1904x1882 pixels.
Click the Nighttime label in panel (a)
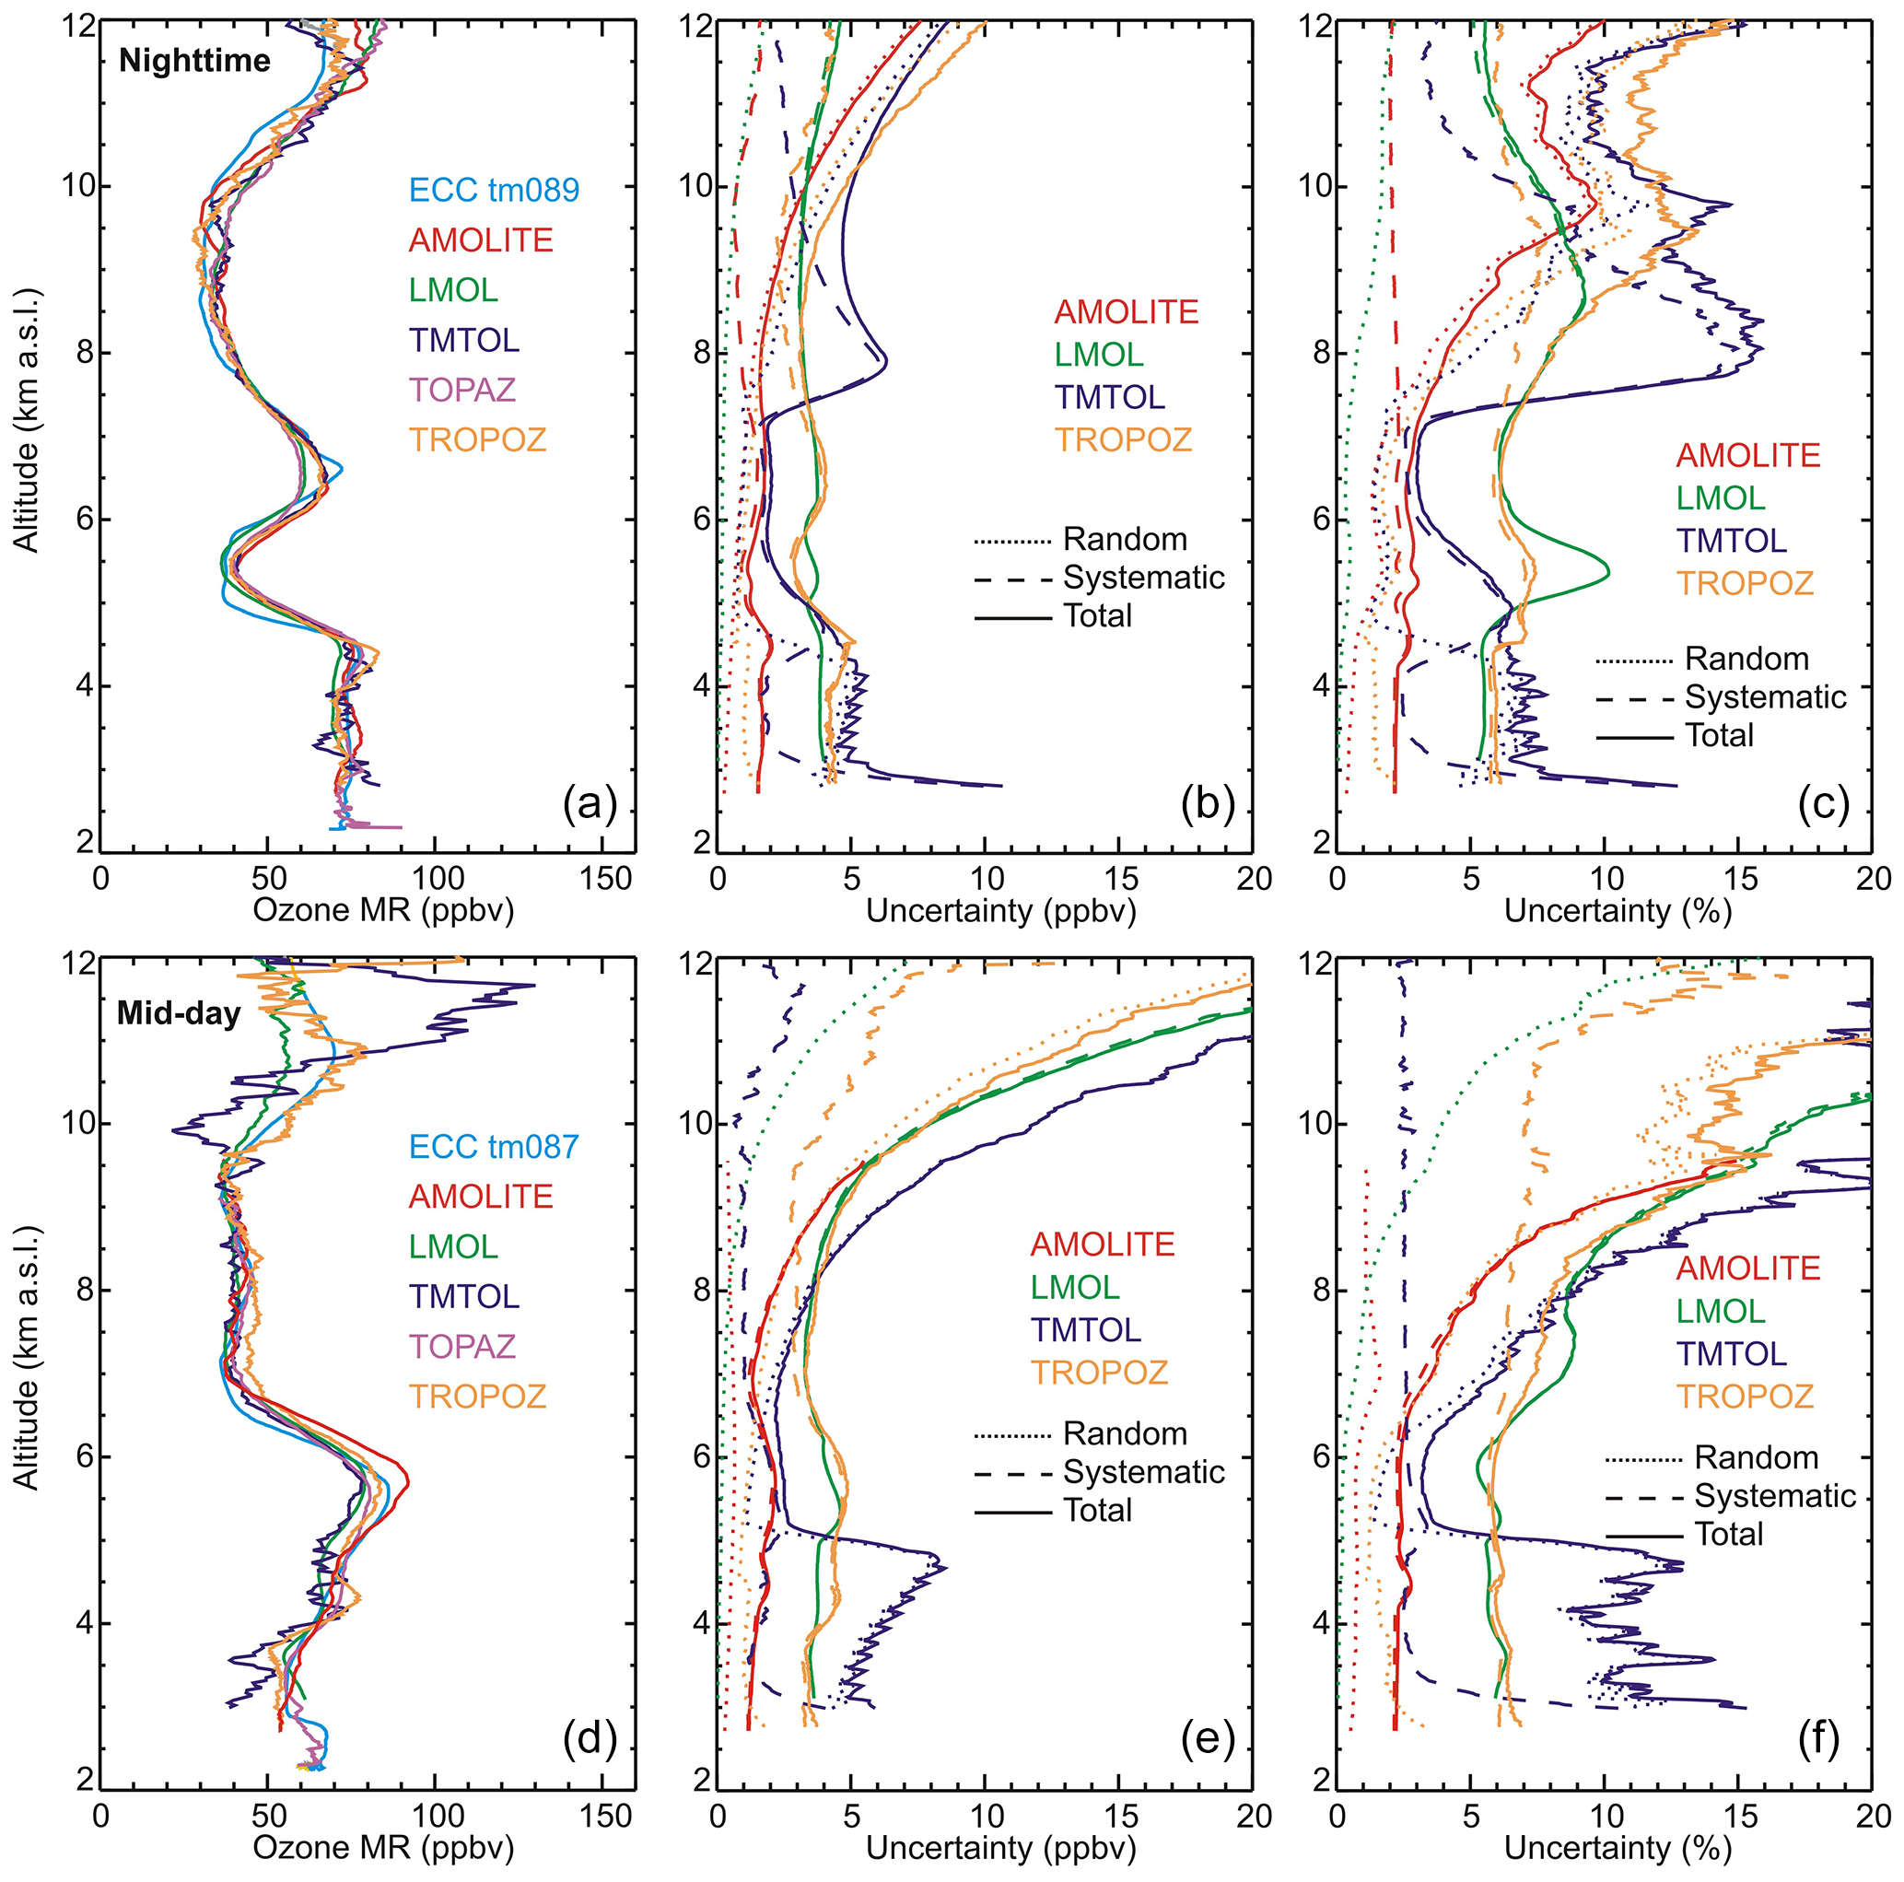[x=194, y=61]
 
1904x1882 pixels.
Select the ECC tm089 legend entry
[x=494, y=190]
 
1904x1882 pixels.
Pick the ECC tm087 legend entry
[x=494, y=1147]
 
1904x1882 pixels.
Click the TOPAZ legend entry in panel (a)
[x=462, y=391]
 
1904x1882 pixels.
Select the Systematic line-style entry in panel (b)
[x=1143, y=579]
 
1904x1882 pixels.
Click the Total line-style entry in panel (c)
[x=1720, y=736]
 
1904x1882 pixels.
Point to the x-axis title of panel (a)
[x=383, y=910]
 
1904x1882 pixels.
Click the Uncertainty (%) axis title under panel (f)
[x=1618, y=1849]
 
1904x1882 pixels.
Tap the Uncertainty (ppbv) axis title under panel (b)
[x=1001, y=910]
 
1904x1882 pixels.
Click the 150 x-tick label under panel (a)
[x=603, y=879]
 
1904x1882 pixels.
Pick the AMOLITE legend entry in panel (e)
[x=1102, y=1245]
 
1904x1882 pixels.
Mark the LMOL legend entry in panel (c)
[x=1721, y=498]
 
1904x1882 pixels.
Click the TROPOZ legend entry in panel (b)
[x=1124, y=439]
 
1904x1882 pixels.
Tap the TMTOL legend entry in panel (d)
[x=464, y=1297]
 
